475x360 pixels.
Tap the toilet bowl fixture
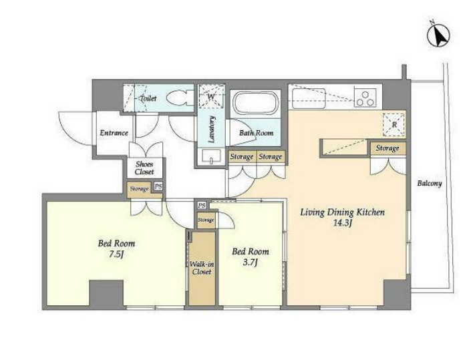click(180, 98)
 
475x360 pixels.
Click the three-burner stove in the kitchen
click(365, 98)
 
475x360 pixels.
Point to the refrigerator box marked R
click(393, 124)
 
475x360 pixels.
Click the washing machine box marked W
click(211, 96)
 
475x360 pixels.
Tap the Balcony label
click(430, 183)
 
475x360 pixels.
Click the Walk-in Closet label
click(202, 268)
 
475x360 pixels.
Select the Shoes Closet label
click(144, 168)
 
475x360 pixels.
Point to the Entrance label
click(114, 133)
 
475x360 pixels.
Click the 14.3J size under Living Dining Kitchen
click(342, 223)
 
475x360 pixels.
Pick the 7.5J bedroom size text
click(116, 254)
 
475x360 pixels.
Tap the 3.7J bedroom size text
click(250, 262)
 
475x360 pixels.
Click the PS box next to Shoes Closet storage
click(158, 186)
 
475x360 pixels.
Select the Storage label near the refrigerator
click(387, 148)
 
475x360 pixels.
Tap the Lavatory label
click(212, 130)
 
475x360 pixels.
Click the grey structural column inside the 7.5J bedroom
click(106, 293)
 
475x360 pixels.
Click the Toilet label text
click(148, 98)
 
